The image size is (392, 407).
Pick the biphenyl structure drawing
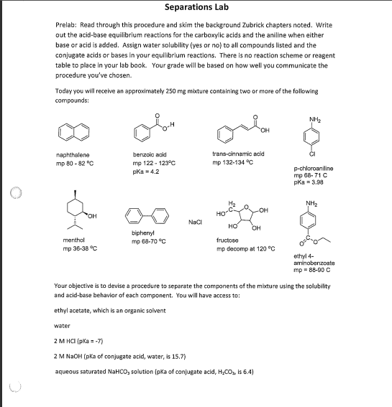pos(147,213)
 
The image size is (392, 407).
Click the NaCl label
pos(194,223)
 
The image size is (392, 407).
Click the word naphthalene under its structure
pos(73,154)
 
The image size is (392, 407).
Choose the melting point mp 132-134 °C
pos(238,163)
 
